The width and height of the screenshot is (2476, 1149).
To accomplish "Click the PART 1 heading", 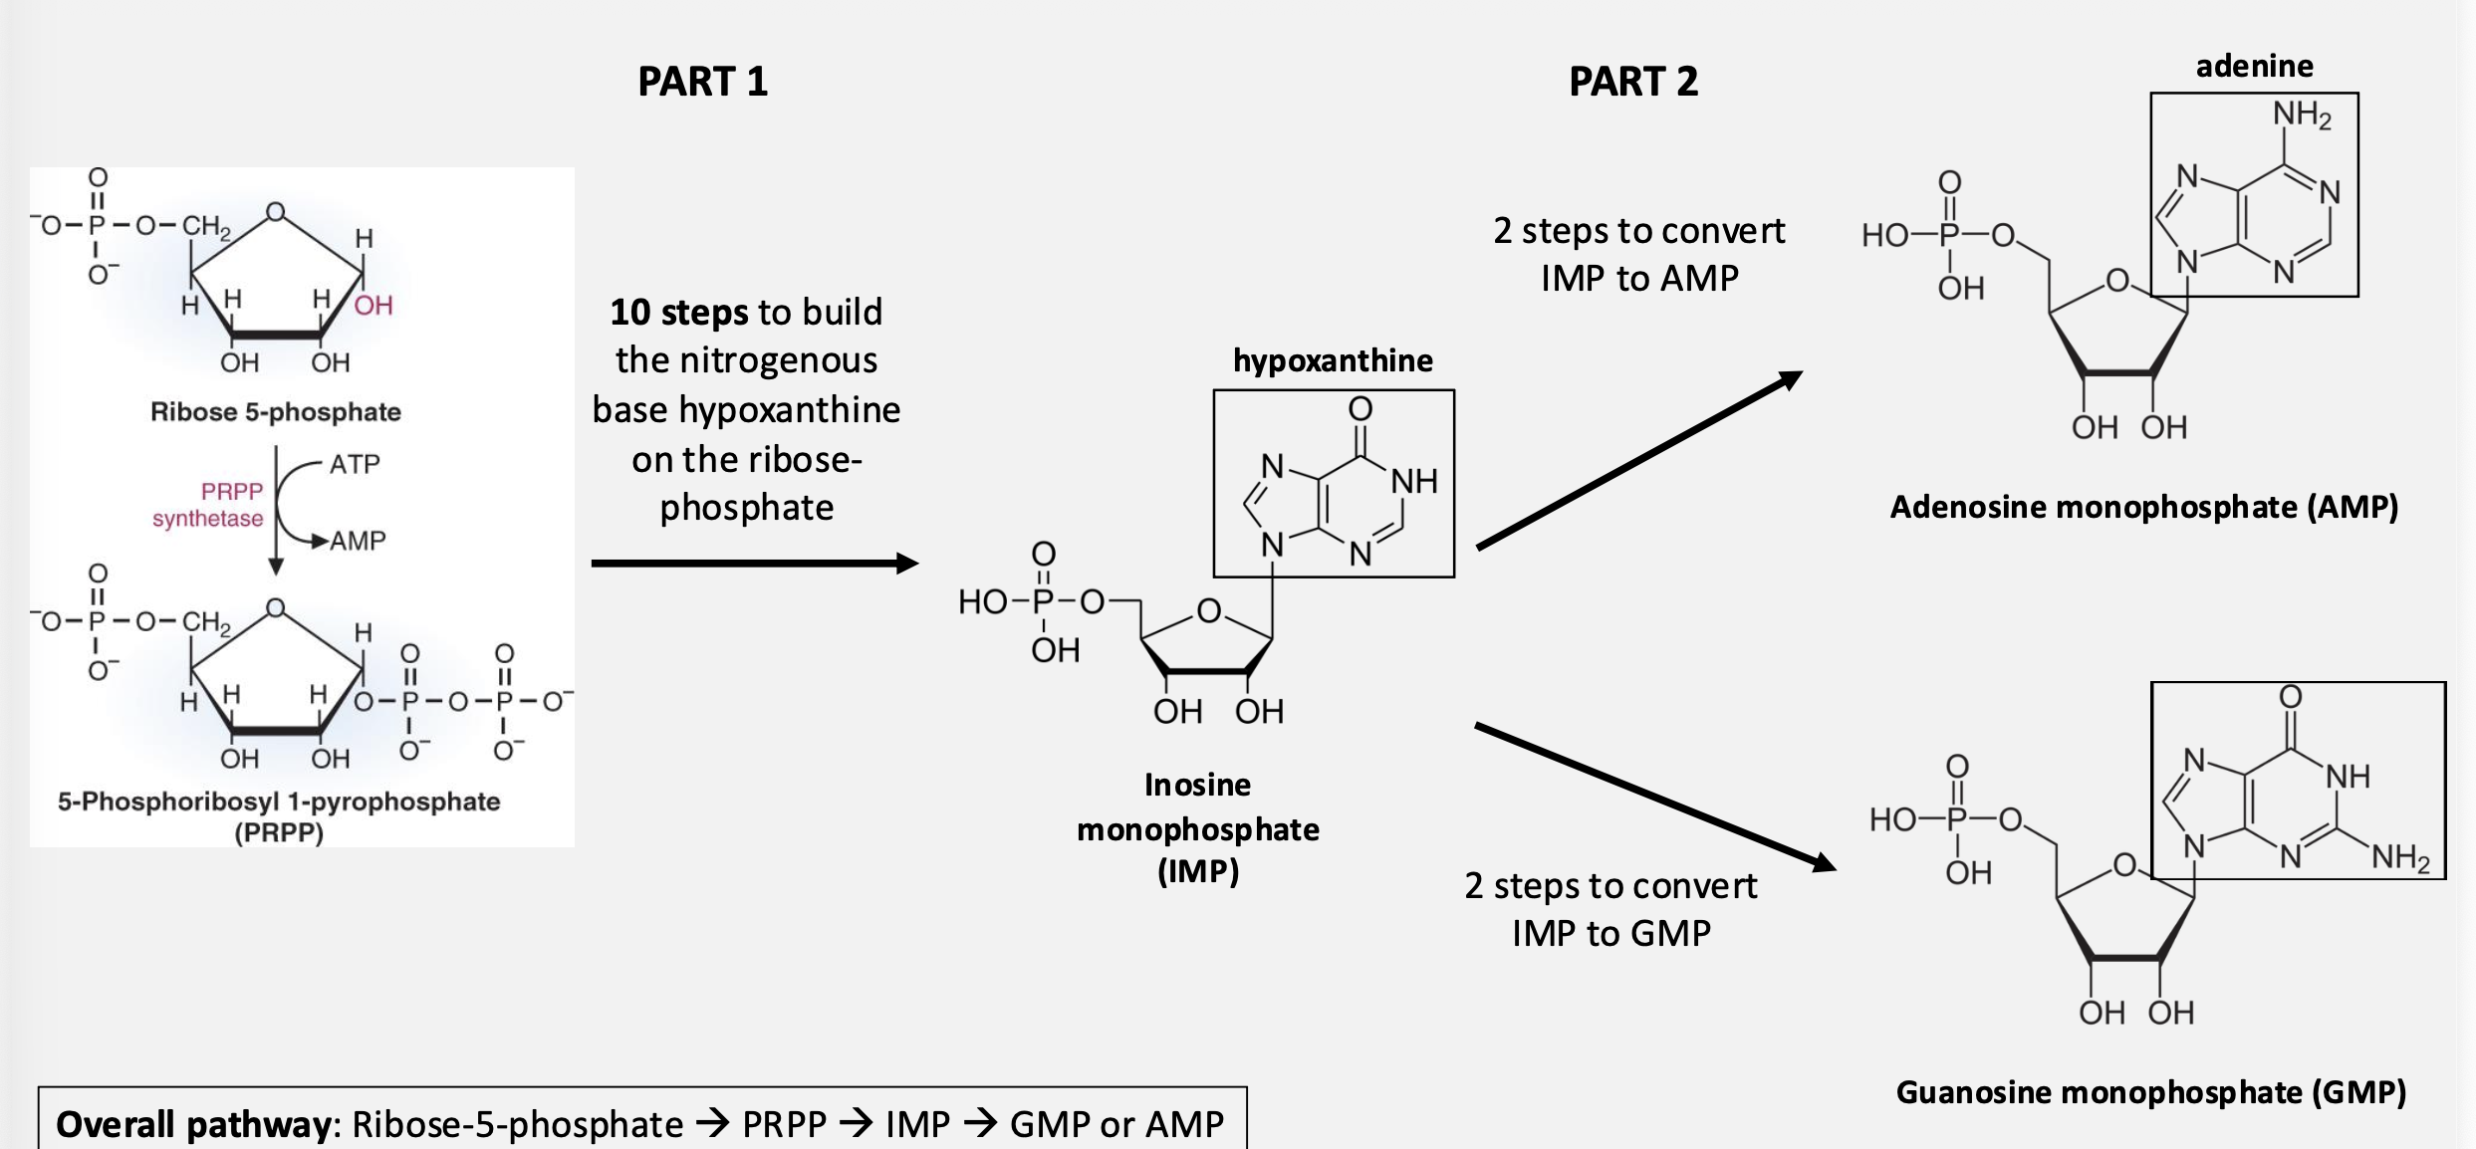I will (702, 82).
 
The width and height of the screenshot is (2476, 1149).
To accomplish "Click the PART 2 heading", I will (1632, 82).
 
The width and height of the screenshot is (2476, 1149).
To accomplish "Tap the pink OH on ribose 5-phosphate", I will (373, 305).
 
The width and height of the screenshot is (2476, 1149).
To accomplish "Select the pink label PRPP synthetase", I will (208, 505).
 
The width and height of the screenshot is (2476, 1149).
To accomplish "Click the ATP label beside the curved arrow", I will (355, 464).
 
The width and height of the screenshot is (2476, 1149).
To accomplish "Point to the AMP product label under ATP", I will (358, 541).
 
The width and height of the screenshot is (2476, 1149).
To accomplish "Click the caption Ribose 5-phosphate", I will (276, 412).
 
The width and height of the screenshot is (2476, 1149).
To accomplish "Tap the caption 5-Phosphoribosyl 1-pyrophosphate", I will (279, 802).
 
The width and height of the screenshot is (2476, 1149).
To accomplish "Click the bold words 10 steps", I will (678, 313).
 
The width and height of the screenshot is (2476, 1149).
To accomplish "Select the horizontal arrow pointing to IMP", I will (754, 564).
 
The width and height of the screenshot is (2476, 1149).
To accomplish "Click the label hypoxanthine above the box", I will (1333, 360).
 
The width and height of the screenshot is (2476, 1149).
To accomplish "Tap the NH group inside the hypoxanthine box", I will (1414, 482).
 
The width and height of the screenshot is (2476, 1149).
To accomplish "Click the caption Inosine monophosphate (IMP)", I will (1197, 828).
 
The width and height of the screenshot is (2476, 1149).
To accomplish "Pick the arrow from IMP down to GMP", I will (1653, 797).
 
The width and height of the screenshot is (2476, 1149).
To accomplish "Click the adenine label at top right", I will (2254, 67).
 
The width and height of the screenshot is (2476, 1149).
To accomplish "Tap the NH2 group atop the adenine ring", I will (2302, 115).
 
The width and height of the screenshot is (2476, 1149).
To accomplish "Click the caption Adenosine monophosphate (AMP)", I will (2143, 508).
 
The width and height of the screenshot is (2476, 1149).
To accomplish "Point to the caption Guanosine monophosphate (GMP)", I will (2150, 1092).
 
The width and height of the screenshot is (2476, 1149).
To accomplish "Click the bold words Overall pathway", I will (193, 1124).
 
